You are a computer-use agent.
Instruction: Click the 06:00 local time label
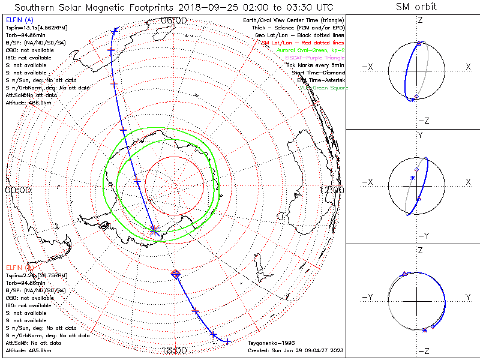click(x=174, y=20)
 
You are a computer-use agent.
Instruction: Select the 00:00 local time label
click(x=18, y=190)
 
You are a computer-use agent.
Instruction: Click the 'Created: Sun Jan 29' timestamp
click(x=296, y=350)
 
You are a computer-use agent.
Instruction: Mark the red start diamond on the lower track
click(x=176, y=274)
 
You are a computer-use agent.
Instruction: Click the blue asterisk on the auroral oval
click(x=154, y=229)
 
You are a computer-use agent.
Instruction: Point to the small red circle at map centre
click(x=174, y=186)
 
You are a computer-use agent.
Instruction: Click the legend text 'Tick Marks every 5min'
click(x=317, y=65)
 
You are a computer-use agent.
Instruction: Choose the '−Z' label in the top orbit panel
click(x=422, y=121)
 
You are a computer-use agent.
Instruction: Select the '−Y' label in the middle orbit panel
click(x=422, y=236)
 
